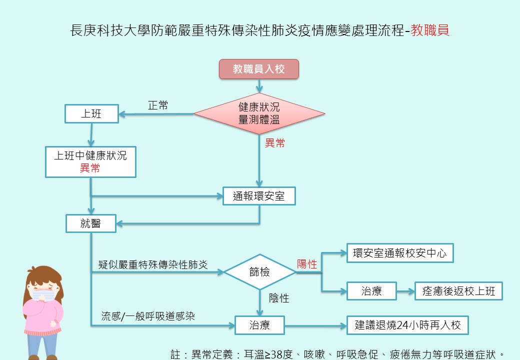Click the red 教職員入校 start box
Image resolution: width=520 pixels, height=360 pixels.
tap(259, 69)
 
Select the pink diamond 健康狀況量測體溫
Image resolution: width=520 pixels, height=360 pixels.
tap(259, 113)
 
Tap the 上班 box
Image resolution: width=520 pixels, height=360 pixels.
tap(91, 114)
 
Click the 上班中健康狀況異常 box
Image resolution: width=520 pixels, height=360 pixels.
tap(90, 161)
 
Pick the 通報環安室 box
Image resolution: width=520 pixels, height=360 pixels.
tap(259, 196)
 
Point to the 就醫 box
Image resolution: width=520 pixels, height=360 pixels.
tap(91, 223)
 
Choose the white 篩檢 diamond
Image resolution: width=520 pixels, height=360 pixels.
tap(259, 272)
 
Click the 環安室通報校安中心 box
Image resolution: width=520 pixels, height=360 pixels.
tap(399, 253)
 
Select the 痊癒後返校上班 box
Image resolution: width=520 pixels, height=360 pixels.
tap(458, 290)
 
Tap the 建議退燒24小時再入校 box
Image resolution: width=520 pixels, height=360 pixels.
tap(407, 325)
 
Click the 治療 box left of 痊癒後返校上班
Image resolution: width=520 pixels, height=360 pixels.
tap(371, 290)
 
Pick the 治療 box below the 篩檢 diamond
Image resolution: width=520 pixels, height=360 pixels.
tap(259, 325)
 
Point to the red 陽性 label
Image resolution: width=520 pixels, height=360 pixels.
tap(307, 264)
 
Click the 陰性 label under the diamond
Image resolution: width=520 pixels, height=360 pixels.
tap(279, 298)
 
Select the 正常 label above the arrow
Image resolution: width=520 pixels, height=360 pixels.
tap(158, 105)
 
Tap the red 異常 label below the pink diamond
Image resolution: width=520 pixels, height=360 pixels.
tap(274, 143)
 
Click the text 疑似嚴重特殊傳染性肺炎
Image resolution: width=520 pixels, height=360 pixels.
tap(153, 264)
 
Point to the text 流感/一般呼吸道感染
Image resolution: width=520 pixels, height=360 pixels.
tap(148, 316)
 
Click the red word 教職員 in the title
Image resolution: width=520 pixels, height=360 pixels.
tap(429, 30)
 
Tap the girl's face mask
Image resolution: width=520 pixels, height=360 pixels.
tap(43, 295)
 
